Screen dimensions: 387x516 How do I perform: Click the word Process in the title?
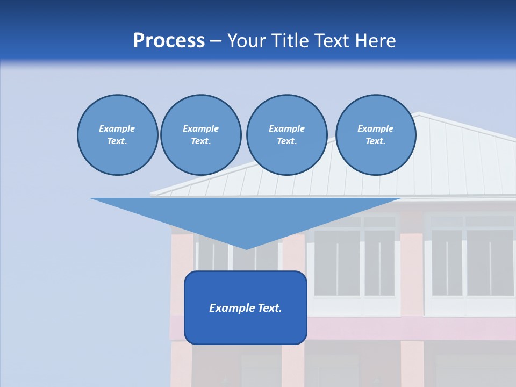169,41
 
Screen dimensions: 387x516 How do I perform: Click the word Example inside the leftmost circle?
117,128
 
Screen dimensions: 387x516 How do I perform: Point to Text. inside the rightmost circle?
375,141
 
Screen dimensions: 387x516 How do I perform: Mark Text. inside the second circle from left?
200,141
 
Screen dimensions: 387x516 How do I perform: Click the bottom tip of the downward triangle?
246,248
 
